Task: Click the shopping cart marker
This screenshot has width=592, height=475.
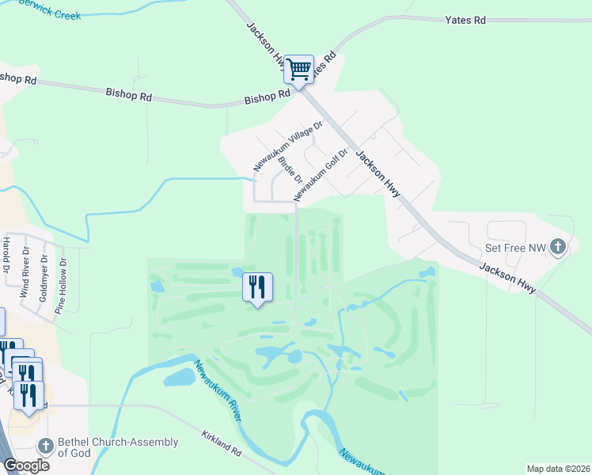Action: coord(298,70)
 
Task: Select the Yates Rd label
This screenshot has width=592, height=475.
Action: coord(465,20)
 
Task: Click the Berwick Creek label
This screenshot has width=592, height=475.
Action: coord(49,9)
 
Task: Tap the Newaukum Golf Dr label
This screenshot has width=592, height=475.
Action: coord(321,174)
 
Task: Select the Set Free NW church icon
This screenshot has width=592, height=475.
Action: coord(559,248)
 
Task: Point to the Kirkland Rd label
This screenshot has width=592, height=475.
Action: coord(221,448)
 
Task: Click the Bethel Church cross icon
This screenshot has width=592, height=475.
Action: coord(47,446)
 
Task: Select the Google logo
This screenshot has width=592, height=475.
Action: coord(26,465)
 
